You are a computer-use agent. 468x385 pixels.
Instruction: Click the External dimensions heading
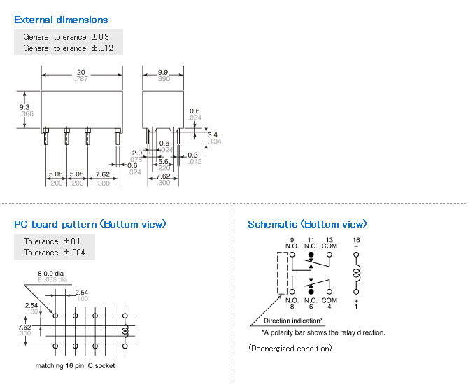pyautogui.click(x=61, y=20)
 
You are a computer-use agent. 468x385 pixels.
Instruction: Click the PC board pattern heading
pyautogui.click(x=90, y=224)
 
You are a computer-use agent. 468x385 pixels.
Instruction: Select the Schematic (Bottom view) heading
pyautogui.click(x=307, y=224)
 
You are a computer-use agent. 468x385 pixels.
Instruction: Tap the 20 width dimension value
pyautogui.click(x=80, y=72)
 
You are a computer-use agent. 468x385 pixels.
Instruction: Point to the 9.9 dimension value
pyautogui.click(x=163, y=72)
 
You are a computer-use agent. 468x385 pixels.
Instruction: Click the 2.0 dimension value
pyautogui.click(x=136, y=152)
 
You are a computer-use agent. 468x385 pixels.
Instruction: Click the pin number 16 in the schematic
pyautogui.click(x=356, y=240)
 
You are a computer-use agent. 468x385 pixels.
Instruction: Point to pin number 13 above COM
pyautogui.click(x=330, y=240)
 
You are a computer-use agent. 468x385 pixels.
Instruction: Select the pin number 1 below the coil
pyautogui.click(x=356, y=306)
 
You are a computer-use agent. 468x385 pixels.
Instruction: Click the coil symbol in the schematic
pyautogui.click(x=357, y=272)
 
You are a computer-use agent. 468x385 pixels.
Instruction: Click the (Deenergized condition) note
pyautogui.click(x=290, y=348)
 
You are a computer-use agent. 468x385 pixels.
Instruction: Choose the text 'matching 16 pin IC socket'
pyautogui.click(x=75, y=365)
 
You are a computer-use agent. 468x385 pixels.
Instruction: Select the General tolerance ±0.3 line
pyautogui.click(x=66, y=36)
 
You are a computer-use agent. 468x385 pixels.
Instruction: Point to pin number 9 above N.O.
pyautogui.click(x=292, y=240)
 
